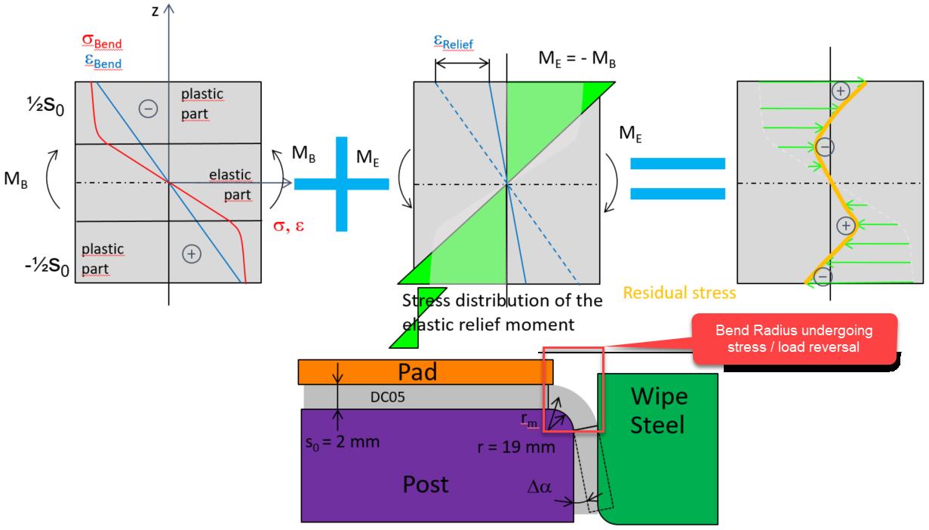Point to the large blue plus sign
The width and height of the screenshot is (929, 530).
tap(342, 183)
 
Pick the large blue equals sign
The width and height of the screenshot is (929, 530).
tap(677, 179)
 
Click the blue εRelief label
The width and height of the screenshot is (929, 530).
tap(457, 43)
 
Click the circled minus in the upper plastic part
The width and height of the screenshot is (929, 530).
tap(148, 109)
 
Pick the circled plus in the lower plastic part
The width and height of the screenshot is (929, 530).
tap(192, 254)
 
